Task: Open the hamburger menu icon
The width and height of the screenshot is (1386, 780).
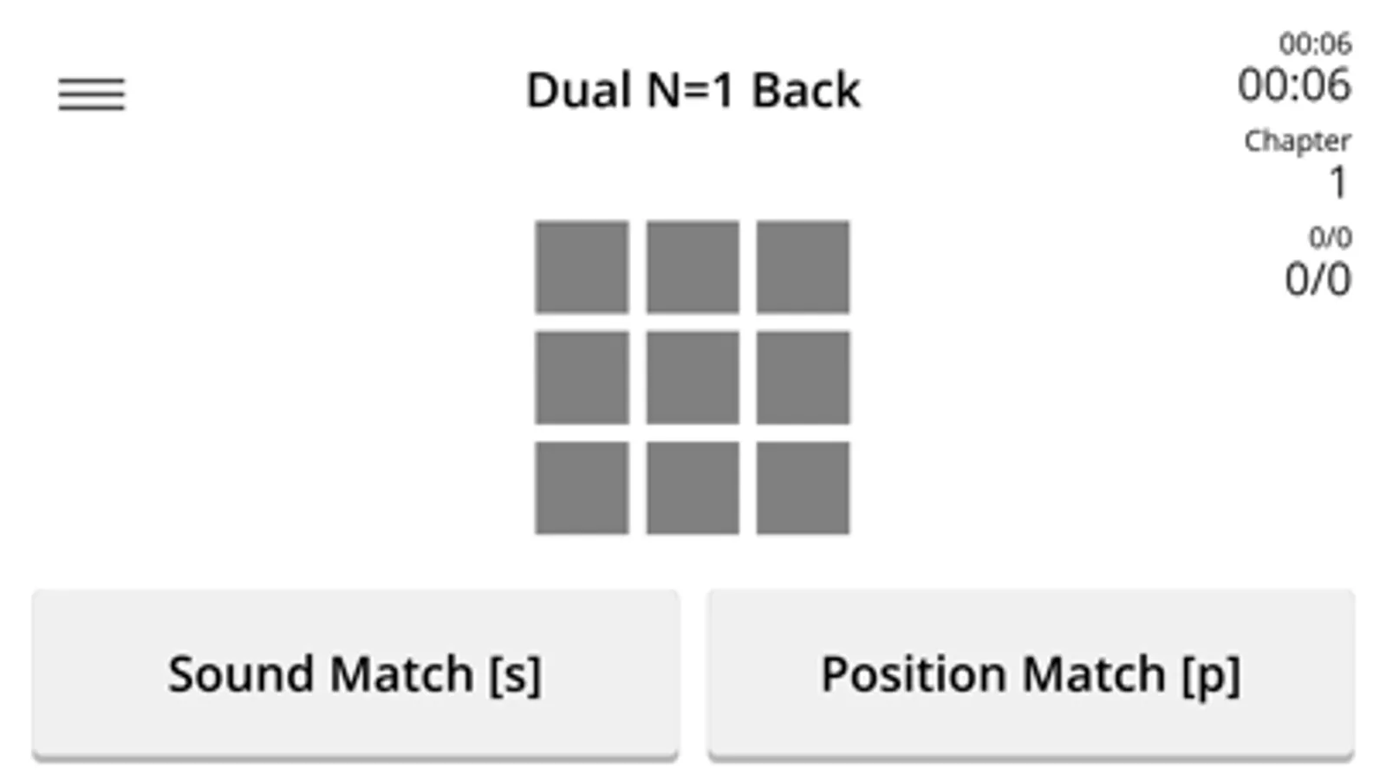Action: click(x=92, y=94)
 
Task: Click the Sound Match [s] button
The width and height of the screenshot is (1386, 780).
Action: click(x=355, y=674)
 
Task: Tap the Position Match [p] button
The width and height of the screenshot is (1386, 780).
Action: click(x=1031, y=674)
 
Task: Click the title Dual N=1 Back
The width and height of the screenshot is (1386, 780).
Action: click(x=693, y=90)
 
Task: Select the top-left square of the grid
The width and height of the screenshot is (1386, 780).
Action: click(x=582, y=267)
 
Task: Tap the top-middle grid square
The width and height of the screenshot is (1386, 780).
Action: click(x=693, y=267)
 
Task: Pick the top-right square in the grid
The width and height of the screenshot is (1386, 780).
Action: click(x=804, y=267)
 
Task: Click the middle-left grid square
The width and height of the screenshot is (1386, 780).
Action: click(x=582, y=378)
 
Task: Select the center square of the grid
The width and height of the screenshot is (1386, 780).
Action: click(x=693, y=378)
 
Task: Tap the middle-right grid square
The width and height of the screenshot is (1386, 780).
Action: click(x=804, y=378)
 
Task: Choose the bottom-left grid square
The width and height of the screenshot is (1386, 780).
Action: click(x=582, y=488)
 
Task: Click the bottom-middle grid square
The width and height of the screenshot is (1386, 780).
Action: click(x=693, y=488)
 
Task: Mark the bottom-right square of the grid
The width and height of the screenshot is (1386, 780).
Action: click(x=804, y=488)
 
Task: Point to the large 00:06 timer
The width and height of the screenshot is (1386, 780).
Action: click(x=1294, y=85)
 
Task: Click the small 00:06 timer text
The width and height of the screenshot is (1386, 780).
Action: click(x=1316, y=44)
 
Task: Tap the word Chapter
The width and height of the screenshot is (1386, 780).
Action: click(x=1298, y=141)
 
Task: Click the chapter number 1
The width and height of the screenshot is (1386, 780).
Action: click(x=1338, y=183)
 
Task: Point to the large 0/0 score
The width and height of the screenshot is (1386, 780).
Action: click(x=1318, y=279)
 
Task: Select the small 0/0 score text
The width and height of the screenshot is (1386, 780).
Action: click(x=1331, y=237)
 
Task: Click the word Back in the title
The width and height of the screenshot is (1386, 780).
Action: click(x=805, y=90)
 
